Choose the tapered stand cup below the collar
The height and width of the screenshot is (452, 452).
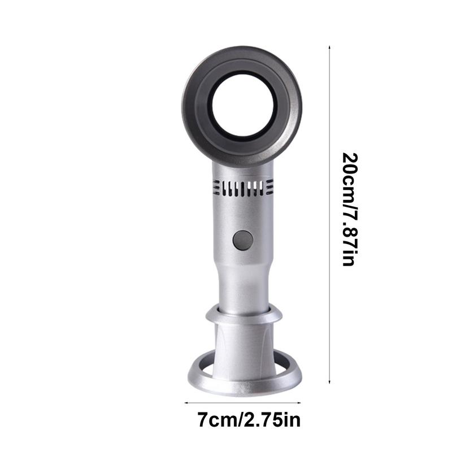click(x=244, y=345)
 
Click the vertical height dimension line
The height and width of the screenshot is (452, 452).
click(x=329, y=215)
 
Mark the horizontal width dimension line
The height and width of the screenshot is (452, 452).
click(x=243, y=403)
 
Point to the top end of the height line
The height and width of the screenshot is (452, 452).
click(x=329, y=49)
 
